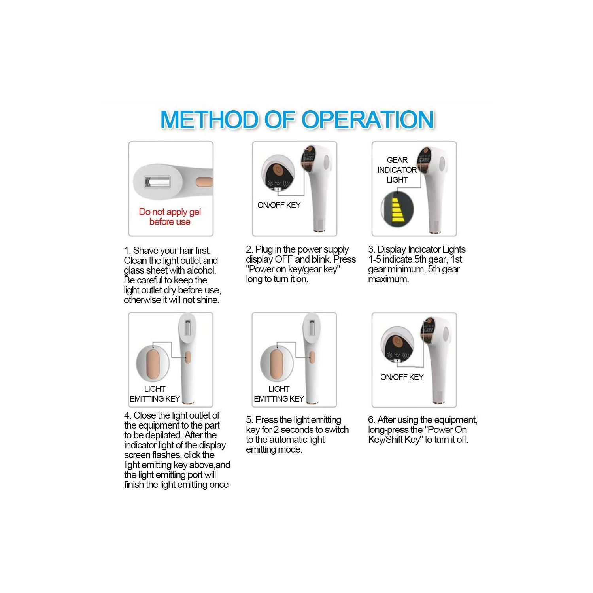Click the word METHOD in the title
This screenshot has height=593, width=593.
click(210, 119)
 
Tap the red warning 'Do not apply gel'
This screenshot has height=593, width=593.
click(170, 212)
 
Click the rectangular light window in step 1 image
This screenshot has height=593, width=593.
click(157, 182)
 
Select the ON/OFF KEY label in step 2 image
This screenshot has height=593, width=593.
click(279, 205)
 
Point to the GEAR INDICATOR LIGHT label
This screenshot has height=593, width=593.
click(397, 170)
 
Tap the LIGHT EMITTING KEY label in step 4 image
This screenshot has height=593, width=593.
click(155, 394)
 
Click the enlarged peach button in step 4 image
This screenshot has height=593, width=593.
click(153, 362)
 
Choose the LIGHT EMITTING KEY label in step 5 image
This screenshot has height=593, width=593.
click(279, 394)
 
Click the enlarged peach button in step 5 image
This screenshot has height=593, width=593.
click(277, 362)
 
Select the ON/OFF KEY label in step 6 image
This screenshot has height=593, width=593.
click(402, 377)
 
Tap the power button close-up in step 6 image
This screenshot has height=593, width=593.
click(397, 344)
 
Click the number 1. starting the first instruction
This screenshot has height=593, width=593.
click(127, 251)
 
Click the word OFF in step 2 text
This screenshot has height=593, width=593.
click(284, 259)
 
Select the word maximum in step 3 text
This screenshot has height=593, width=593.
click(389, 279)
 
